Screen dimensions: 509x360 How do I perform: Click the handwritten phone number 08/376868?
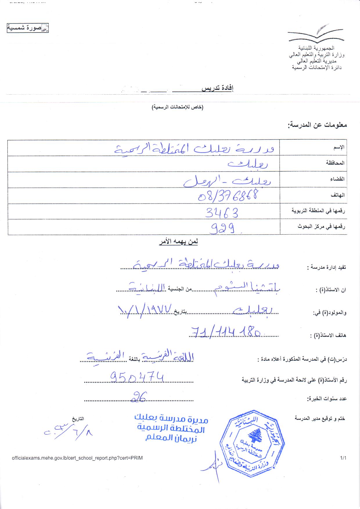tap(228, 196)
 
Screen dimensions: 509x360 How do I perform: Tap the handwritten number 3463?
tap(222, 213)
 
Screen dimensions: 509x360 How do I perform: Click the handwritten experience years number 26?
tap(139, 396)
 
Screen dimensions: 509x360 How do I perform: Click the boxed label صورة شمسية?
tap(28, 28)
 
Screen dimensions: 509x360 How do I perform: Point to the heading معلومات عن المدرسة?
tap(317, 125)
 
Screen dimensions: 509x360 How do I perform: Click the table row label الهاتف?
tap(338, 195)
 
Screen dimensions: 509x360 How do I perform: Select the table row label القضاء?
tap(337, 179)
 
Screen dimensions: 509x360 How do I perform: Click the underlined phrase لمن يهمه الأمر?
tap(178, 242)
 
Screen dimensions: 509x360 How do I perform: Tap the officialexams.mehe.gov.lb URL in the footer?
tap(77, 458)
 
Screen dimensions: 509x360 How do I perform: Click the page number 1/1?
tap(343, 458)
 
